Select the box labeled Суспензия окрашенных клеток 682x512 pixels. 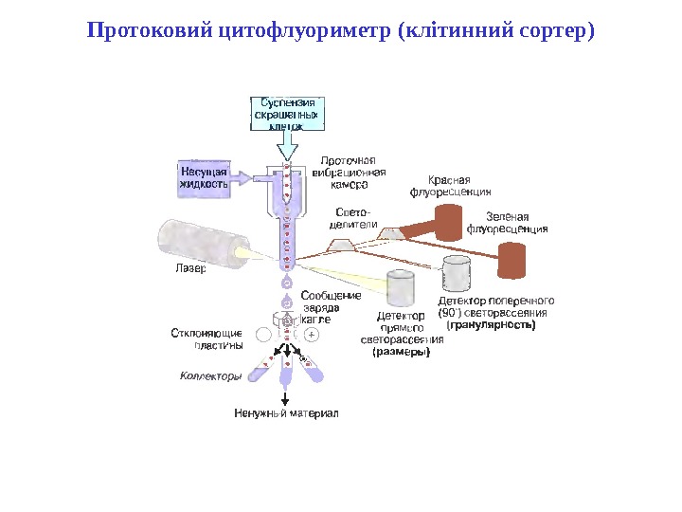(286, 113)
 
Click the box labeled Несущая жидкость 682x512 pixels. (204, 177)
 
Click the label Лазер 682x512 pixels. (189, 268)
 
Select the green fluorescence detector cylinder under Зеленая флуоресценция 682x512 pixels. (512, 261)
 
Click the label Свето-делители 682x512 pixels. (353, 219)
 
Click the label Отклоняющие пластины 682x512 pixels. (206, 338)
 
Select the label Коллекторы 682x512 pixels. (211, 376)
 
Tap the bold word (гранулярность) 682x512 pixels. (493, 324)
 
